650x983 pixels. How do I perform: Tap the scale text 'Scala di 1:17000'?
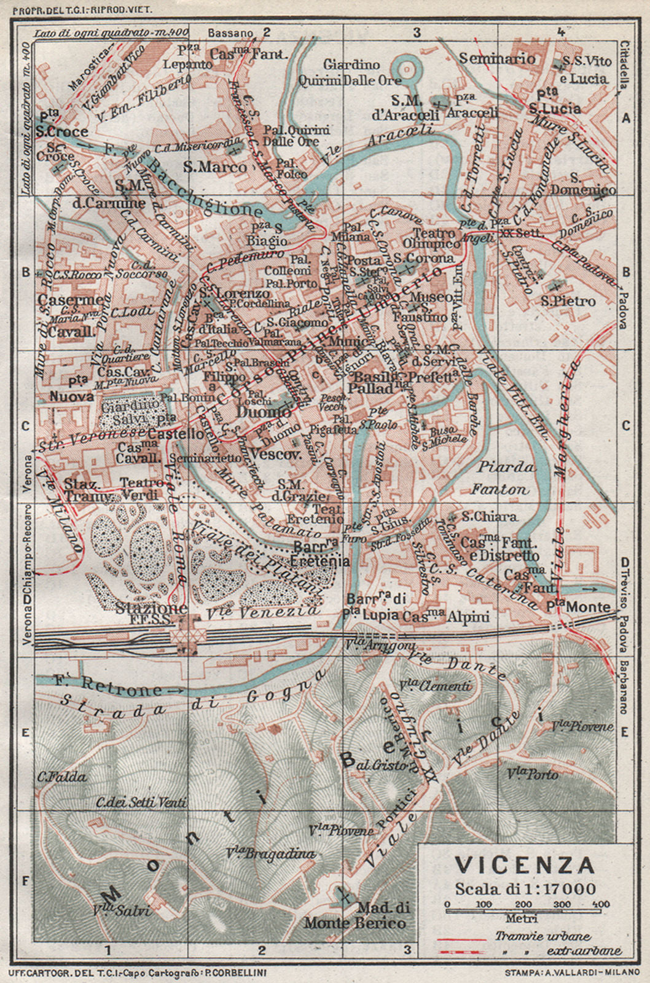tap(525, 888)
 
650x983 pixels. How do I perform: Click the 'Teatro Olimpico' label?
tap(434, 239)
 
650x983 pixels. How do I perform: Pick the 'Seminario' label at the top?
tap(497, 59)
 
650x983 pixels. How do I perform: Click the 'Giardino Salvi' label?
tap(130, 412)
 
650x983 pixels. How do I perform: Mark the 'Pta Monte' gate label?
tap(578, 607)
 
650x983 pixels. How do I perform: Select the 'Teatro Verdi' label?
tap(142, 488)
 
